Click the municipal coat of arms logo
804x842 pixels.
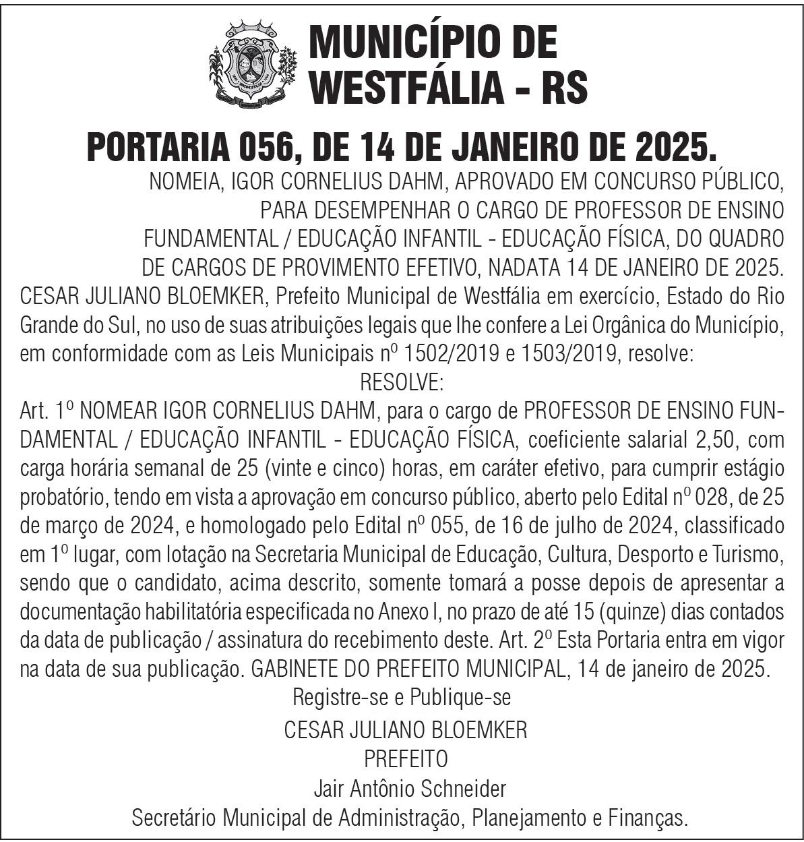coord(251,65)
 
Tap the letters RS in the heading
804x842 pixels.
coord(565,87)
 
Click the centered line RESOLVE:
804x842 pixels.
coord(402,382)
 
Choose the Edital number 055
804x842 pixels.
coord(369,527)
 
